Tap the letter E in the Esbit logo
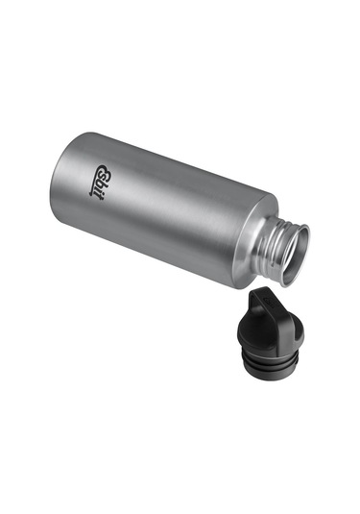(x=105, y=171)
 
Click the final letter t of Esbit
(x=95, y=197)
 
